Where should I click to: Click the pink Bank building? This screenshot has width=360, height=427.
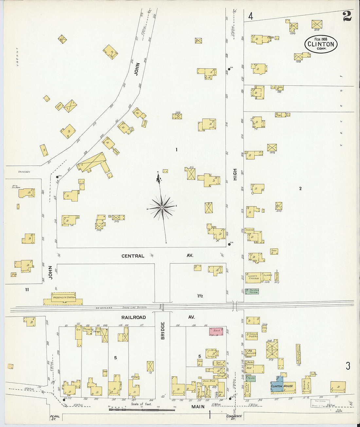point(216,331)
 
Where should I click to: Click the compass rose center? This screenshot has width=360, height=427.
point(162,207)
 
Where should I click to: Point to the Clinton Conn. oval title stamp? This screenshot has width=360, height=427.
point(321,44)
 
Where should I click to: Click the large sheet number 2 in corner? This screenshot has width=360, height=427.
point(347,16)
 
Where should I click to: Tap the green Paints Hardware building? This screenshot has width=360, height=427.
point(252,291)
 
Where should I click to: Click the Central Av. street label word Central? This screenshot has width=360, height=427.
point(133,256)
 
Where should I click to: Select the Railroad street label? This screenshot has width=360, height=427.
point(134,317)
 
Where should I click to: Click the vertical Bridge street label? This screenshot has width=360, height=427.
point(163,330)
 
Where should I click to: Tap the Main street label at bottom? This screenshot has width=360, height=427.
point(198,407)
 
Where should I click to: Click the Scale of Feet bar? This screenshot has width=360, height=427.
point(141,409)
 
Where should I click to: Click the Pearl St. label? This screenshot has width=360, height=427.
point(55,418)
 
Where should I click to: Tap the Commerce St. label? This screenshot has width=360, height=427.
point(234,417)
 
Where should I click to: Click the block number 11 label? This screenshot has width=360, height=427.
point(27,289)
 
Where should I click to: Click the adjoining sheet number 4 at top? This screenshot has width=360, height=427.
point(251,16)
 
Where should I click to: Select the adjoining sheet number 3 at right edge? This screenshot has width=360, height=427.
point(348,366)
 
